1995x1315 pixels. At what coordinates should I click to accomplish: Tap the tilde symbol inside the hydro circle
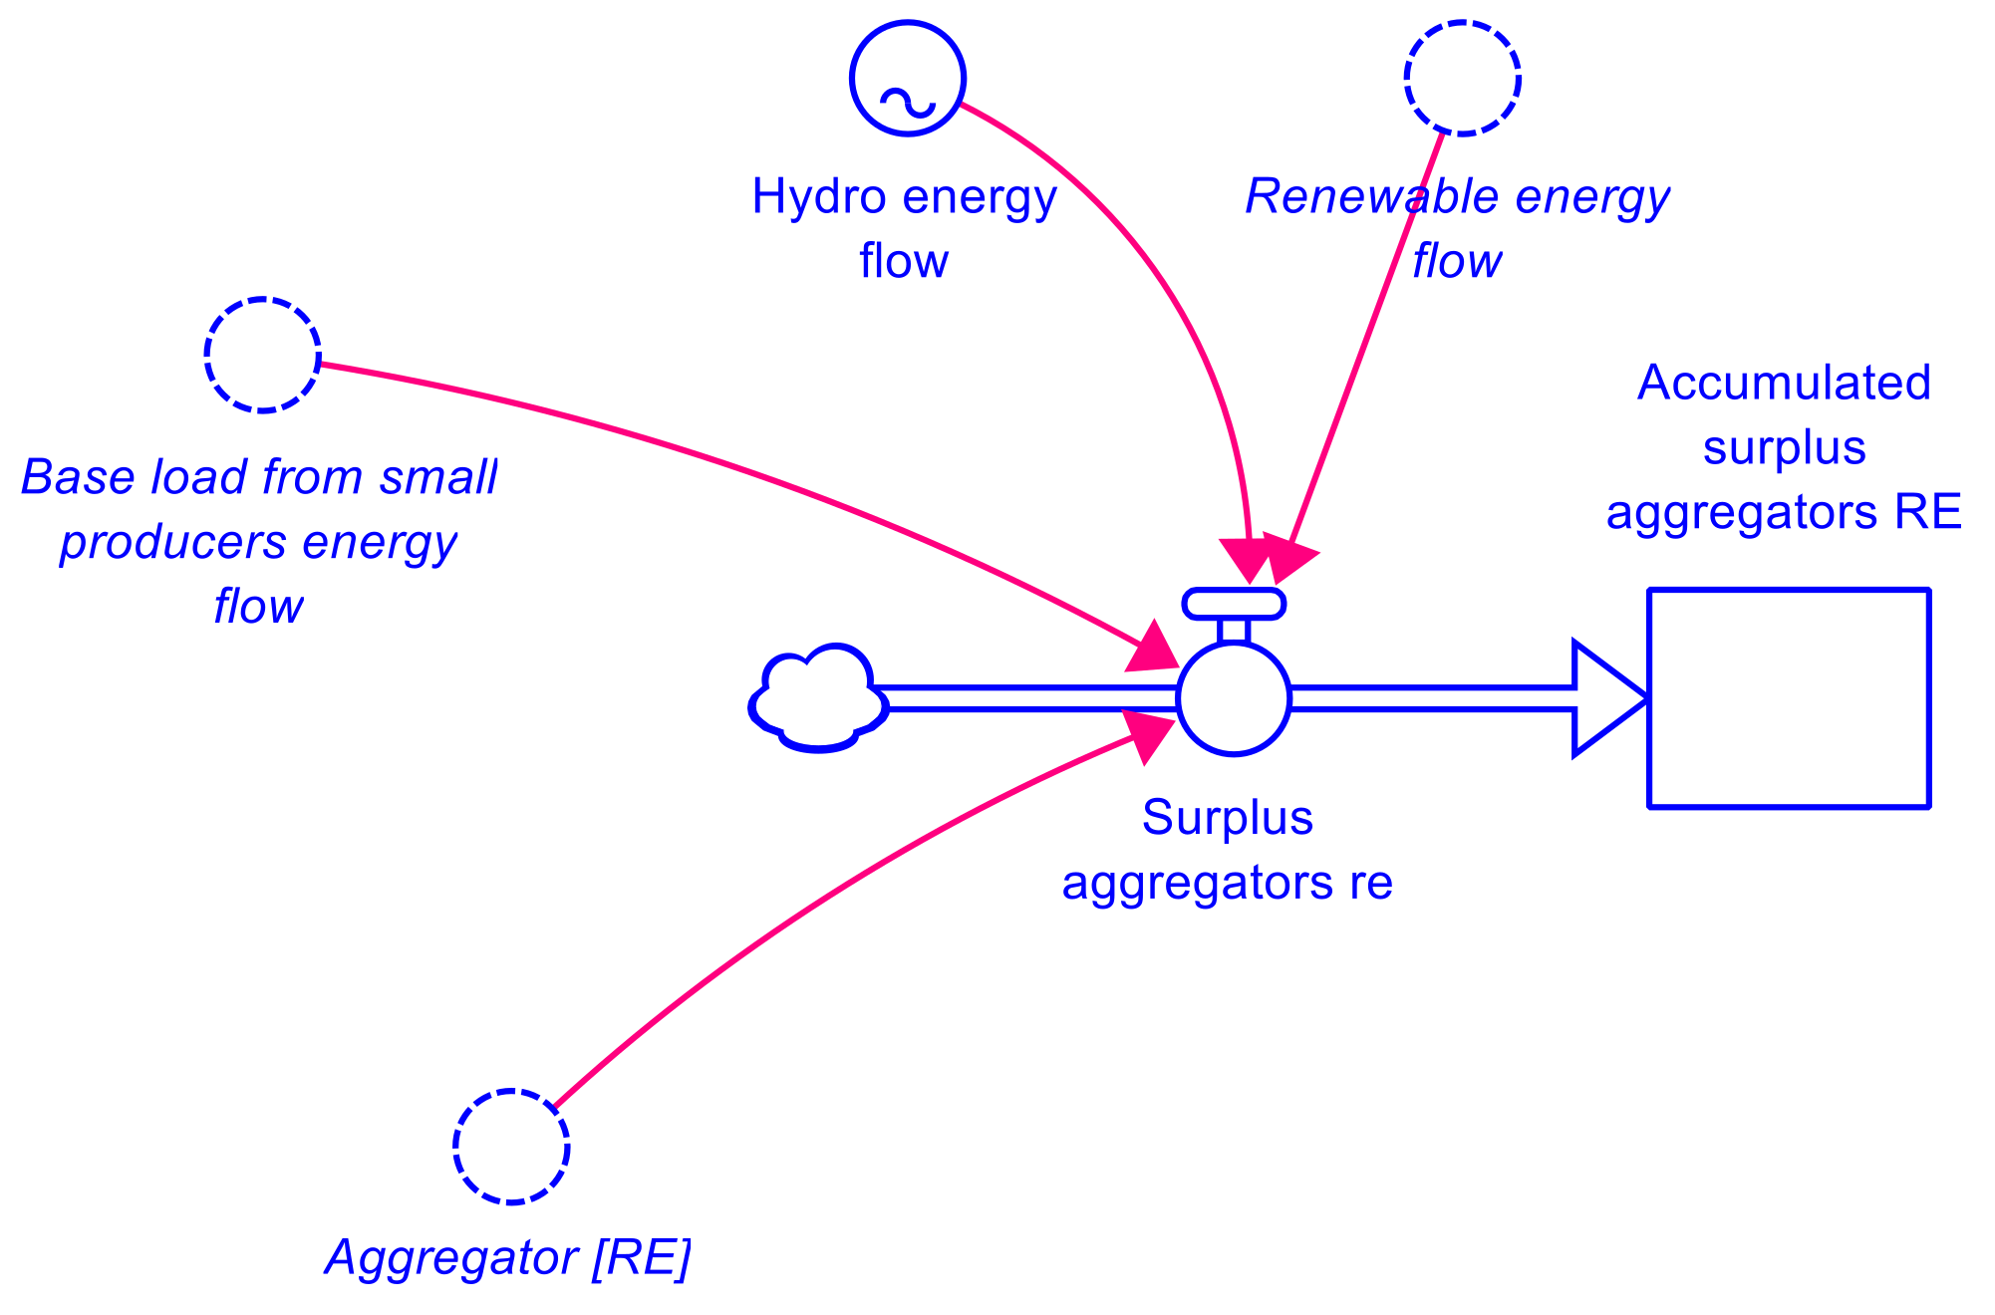pyautogui.click(x=907, y=102)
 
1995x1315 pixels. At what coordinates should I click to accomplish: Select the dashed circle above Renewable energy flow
pyautogui.click(x=1462, y=77)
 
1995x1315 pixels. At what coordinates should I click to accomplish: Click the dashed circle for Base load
pyautogui.click(x=262, y=354)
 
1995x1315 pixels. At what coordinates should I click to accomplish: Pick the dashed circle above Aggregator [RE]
pyautogui.click(x=511, y=1146)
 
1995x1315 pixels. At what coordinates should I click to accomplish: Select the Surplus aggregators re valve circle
pyautogui.click(x=1234, y=699)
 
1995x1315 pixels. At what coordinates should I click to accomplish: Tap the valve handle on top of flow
pyautogui.click(x=1234, y=604)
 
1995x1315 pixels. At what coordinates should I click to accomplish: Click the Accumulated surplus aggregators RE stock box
pyautogui.click(x=1789, y=697)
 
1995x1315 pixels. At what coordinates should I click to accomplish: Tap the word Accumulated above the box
pyautogui.click(x=1784, y=384)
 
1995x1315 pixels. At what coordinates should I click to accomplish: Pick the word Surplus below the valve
pyautogui.click(x=1227, y=818)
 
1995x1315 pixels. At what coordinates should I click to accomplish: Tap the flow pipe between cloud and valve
pyautogui.click(x=1026, y=699)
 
